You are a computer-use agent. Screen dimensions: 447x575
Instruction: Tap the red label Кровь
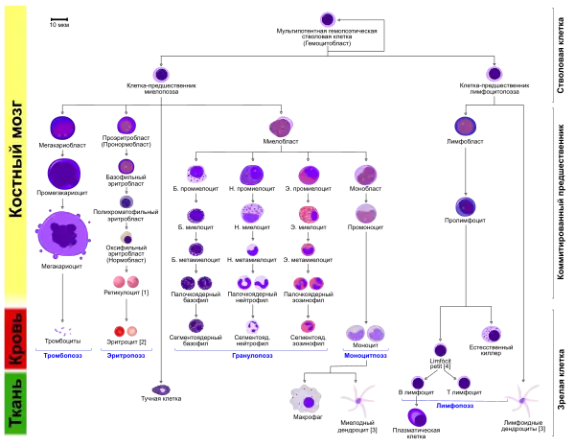click(x=15, y=338)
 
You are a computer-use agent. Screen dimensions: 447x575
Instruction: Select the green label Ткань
click(x=15, y=404)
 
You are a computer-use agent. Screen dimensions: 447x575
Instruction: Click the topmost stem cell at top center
click(x=326, y=18)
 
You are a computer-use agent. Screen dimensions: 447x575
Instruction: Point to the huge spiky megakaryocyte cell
click(x=63, y=234)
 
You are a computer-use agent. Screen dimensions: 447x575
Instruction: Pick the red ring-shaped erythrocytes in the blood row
click(x=122, y=331)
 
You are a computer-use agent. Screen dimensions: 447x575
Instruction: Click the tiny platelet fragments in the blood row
click(x=64, y=330)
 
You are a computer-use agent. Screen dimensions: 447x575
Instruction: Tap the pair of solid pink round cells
click(x=126, y=282)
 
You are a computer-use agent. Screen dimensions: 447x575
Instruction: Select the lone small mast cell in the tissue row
click(x=162, y=389)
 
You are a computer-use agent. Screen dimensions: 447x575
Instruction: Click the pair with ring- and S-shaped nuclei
click(x=253, y=283)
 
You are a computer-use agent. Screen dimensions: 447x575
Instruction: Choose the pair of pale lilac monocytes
click(x=367, y=333)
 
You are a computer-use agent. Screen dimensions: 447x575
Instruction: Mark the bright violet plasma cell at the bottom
click(x=417, y=417)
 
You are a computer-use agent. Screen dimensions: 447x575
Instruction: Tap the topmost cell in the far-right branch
click(x=494, y=73)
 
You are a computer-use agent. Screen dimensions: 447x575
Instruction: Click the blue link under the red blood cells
click(x=126, y=355)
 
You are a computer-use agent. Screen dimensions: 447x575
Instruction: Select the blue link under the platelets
click(x=63, y=355)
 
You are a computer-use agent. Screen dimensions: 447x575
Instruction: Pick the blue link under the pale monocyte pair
click(x=366, y=355)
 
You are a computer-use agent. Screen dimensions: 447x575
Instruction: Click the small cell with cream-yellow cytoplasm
click(x=126, y=238)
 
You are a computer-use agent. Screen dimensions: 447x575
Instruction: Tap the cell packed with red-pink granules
click(x=308, y=214)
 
